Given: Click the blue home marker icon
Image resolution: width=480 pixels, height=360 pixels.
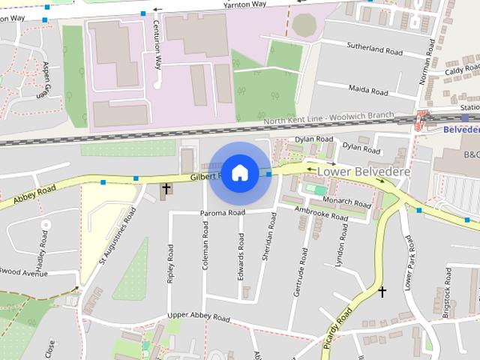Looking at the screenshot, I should click(x=239, y=173).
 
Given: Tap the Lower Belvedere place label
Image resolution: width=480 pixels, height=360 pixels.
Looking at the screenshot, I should click(x=364, y=172).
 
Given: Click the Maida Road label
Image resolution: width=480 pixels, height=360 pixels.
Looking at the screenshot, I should click(x=368, y=90).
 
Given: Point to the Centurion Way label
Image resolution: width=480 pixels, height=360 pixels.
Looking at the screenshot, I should click(x=158, y=40).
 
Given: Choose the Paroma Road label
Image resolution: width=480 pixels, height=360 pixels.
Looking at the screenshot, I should click(x=222, y=213).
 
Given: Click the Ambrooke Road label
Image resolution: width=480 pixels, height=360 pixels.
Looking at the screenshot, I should click(x=321, y=213).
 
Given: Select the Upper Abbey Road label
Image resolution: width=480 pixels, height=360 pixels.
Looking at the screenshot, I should click(x=198, y=316).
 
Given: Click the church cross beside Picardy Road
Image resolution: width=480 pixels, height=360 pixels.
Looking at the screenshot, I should click(x=382, y=291).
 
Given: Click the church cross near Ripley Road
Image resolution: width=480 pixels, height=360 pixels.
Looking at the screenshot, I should click(x=165, y=188).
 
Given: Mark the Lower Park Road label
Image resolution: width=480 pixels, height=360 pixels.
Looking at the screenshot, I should click(x=409, y=262).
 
